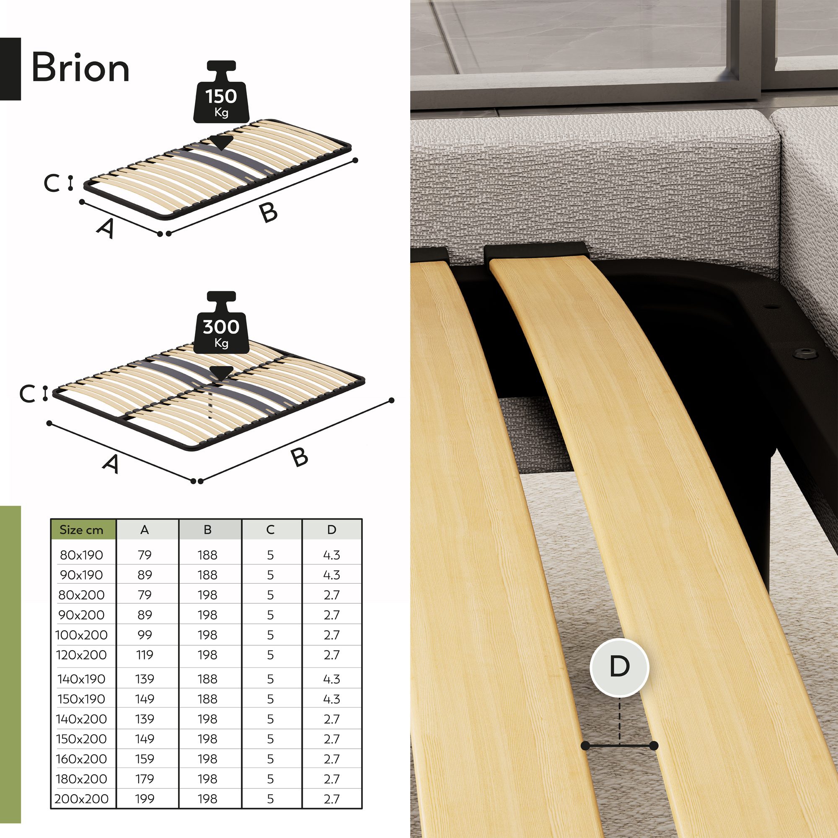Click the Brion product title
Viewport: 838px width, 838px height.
pos(81,67)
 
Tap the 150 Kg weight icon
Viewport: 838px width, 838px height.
pos(221,91)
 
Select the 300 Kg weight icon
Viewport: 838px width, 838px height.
pos(221,322)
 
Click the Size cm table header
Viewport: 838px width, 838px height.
pos(82,530)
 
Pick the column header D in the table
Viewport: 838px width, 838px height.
pos(332,530)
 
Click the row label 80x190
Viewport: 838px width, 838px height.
pos(82,555)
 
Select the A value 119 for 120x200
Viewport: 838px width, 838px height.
pos(145,655)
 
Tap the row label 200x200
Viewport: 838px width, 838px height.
pos(82,799)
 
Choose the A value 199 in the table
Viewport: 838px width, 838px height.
pos(145,799)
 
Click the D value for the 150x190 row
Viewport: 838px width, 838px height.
pos(332,699)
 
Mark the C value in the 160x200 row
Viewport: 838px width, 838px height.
pos(270,759)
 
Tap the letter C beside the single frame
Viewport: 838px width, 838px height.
pos(51,183)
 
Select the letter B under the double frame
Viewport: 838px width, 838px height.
pos(299,457)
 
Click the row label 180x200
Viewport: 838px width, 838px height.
pos(82,779)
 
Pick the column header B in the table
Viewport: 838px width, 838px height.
pos(207,530)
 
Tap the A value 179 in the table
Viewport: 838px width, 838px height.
pos(145,779)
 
